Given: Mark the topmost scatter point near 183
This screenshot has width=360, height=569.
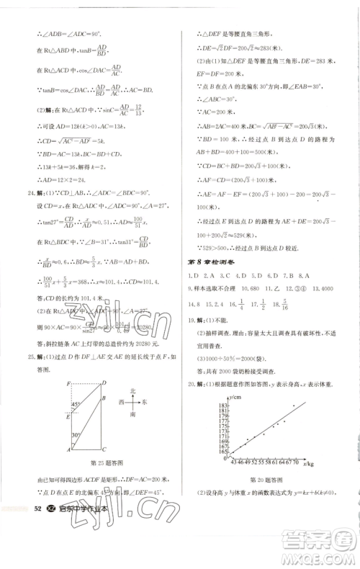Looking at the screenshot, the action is point(294,406).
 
